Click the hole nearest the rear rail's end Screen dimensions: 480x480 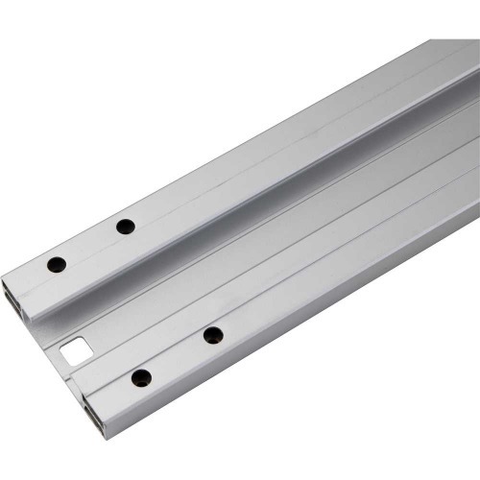(x=57, y=262)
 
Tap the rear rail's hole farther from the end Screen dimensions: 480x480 (x=125, y=227)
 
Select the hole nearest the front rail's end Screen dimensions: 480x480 (x=141, y=377)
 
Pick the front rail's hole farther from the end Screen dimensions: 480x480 (x=213, y=334)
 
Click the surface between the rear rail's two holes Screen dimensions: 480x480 (x=91, y=244)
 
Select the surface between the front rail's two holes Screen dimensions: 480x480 (x=178, y=355)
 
